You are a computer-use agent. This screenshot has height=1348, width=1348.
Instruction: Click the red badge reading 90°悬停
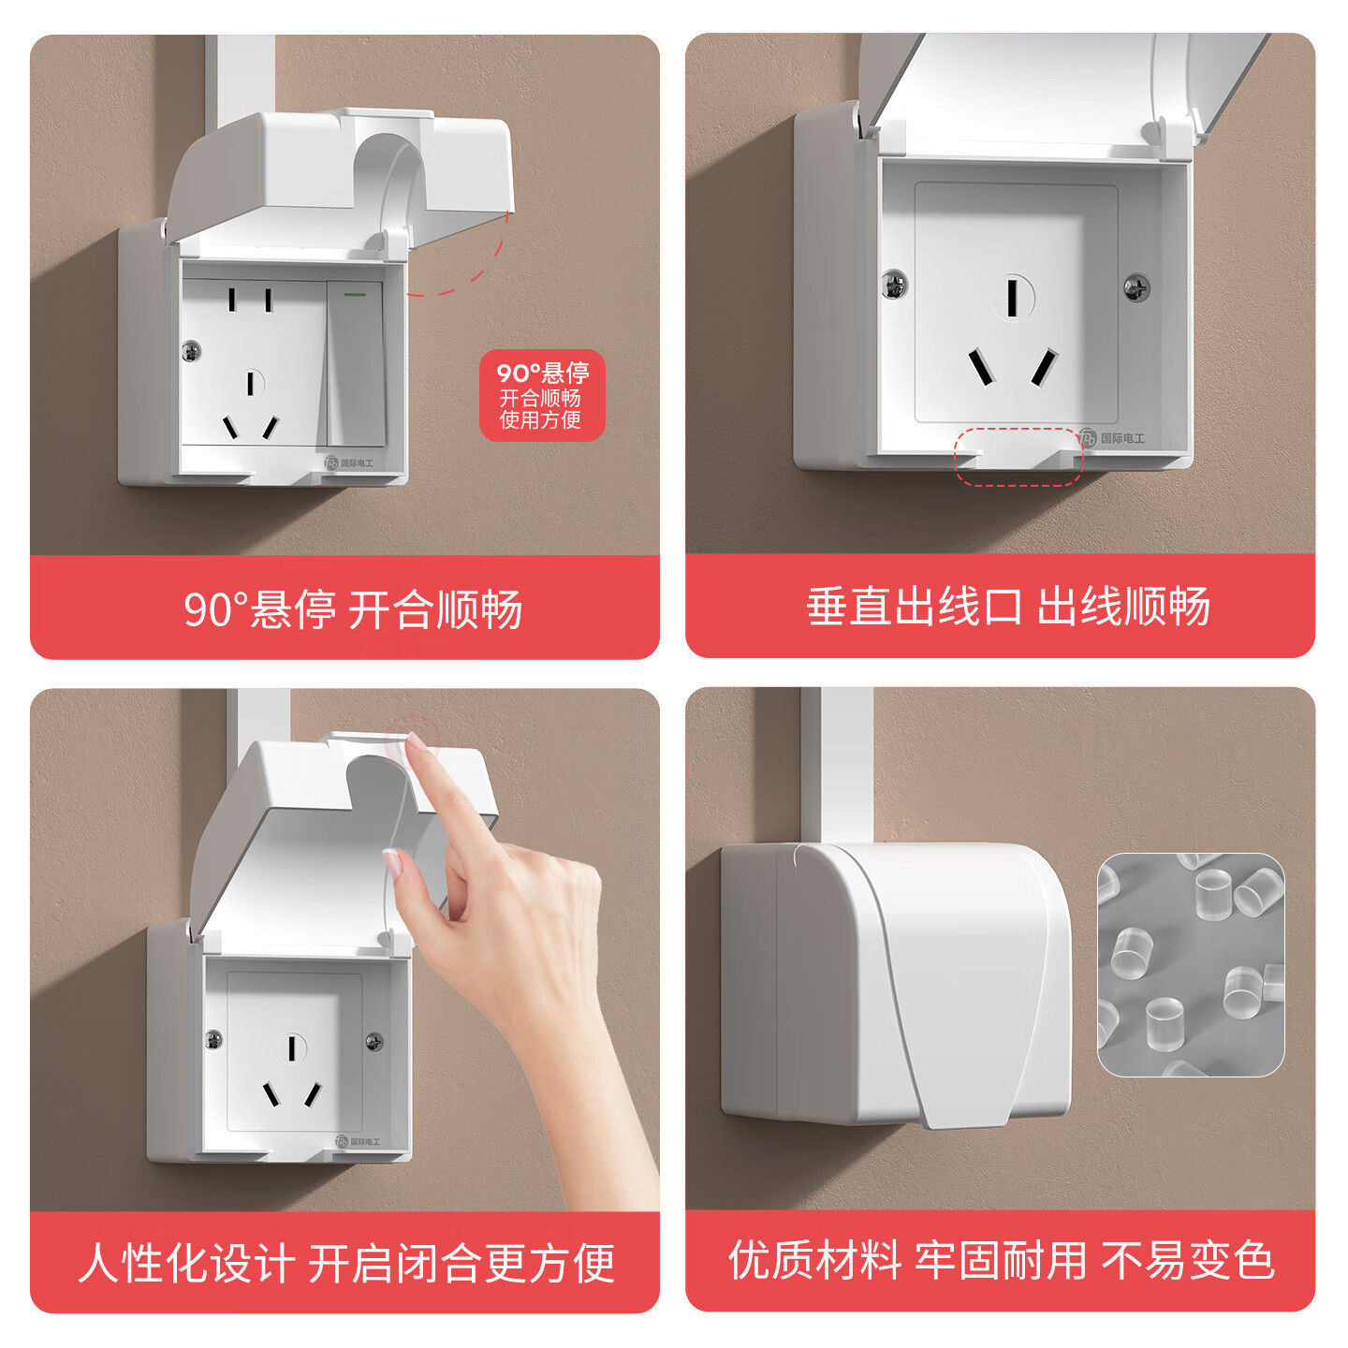pyautogui.click(x=542, y=396)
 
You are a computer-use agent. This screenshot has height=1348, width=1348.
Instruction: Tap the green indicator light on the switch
pyautogui.click(x=355, y=294)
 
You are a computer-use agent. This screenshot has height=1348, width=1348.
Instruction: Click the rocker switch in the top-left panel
pyautogui.click(x=356, y=365)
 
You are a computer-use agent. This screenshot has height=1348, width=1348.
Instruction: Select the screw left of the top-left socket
pyautogui.click(x=191, y=351)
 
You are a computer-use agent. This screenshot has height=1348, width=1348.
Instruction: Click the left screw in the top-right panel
pyautogui.click(x=894, y=283)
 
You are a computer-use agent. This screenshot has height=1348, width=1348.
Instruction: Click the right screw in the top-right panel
pyautogui.click(x=1136, y=287)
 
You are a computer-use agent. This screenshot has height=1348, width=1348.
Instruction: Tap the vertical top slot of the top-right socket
pyautogui.click(x=1012, y=298)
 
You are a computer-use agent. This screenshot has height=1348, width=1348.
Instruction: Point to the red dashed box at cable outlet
pyautogui.click(x=1018, y=457)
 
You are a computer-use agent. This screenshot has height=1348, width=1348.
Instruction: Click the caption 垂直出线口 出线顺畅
pyautogui.click(x=1008, y=607)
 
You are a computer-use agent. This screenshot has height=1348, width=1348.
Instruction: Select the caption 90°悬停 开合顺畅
pyautogui.click(x=353, y=609)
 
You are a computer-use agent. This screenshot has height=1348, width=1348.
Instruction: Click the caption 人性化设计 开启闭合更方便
pyautogui.click(x=346, y=1263)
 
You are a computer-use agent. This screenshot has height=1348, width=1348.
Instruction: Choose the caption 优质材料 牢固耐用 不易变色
pyautogui.click(x=1002, y=1260)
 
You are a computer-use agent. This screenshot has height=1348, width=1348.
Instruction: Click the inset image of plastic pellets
pyautogui.click(x=1191, y=964)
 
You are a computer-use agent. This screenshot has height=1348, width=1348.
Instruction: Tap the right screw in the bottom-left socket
pyautogui.click(x=374, y=1041)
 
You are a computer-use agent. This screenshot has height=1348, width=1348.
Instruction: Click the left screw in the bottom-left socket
pyautogui.click(x=214, y=1039)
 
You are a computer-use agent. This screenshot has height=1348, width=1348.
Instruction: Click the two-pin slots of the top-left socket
pyautogui.click(x=250, y=300)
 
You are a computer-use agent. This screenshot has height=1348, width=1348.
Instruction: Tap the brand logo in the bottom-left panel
pyautogui.click(x=358, y=1141)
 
